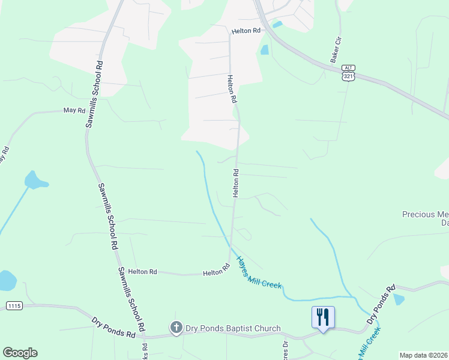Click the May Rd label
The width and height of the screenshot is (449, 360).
coord(73,111)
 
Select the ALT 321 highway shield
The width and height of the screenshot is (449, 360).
coord(348,73)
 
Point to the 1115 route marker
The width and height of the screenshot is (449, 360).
coord(14,306)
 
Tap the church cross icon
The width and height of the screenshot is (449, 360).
coord(176,328)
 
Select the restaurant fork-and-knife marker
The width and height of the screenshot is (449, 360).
coord(323,317)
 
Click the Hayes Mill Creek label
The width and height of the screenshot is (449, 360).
coord(259,273)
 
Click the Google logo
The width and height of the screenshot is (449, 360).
coord(20,353)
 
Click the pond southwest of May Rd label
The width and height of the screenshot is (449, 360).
coord(35,180)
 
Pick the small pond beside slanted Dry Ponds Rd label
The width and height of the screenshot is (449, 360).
coord(398,299)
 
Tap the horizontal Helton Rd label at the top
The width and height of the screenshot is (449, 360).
coord(247,30)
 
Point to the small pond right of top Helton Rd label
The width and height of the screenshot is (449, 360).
coord(277,25)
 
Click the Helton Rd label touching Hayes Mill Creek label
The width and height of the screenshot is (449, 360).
coord(217,272)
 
